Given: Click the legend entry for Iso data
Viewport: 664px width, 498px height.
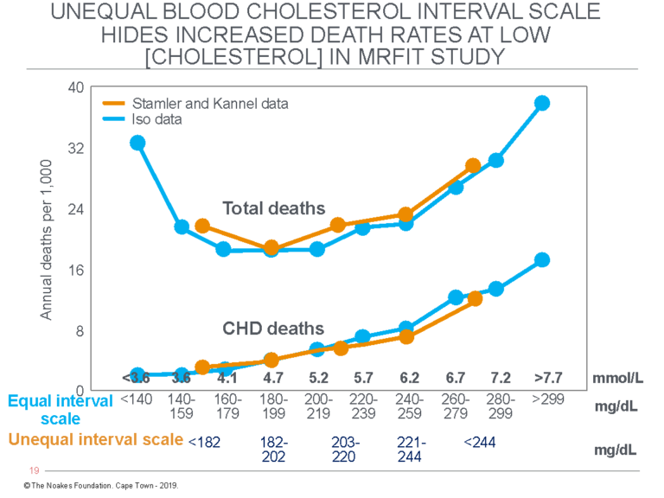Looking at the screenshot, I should pos(157,119).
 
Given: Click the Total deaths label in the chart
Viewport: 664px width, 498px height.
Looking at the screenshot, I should pos(273,208).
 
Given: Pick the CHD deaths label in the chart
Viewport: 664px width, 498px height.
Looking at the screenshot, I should pos(273,329).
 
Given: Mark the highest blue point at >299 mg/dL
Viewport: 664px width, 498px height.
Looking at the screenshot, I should pos(542,103).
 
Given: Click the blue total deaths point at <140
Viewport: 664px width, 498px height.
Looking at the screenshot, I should pos(137,143).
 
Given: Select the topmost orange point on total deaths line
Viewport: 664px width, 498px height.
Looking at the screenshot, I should pos(473,166).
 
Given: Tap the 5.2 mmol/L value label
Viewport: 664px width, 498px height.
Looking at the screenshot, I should pos(317,378).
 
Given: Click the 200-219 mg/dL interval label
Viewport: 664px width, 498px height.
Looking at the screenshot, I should pos(317,406).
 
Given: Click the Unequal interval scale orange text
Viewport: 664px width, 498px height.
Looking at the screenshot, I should pos(96,439).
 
